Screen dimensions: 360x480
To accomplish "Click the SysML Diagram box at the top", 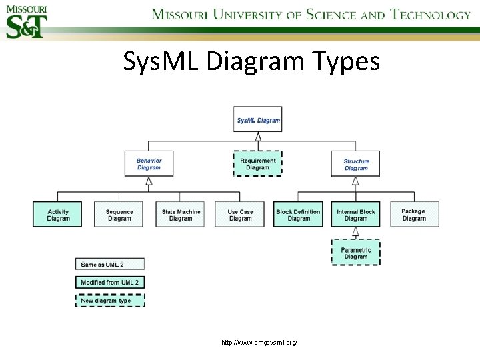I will click(x=258, y=119).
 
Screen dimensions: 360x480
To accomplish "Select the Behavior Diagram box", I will click(x=149, y=163).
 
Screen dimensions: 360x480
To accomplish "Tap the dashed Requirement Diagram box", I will click(x=257, y=163).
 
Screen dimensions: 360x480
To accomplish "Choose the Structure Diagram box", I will click(x=356, y=164).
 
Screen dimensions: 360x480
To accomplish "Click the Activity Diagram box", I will click(x=58, y=215).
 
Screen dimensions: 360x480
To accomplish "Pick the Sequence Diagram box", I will click(x=119, y=215).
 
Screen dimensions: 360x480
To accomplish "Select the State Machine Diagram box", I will click(x=180, y=215).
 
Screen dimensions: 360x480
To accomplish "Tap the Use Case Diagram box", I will click(x=240, y=215).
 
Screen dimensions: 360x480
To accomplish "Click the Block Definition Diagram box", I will click(x=298, y=215).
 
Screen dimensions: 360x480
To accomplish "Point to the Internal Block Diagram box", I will click(x=355, y=215).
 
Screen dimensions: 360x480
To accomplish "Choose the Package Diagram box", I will click(x=413, y=215).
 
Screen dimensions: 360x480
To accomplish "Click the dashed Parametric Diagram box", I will click(x=355, y=253).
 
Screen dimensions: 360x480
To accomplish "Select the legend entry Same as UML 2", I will click(x=109, y=265).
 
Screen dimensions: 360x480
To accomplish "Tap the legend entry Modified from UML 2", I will click(x=109, y=283).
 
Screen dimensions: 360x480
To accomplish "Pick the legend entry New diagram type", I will click(x=109, y=301).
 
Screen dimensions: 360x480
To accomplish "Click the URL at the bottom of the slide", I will click(x=259, y=342).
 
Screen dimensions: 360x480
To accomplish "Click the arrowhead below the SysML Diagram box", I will click(x=258, y=136).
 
